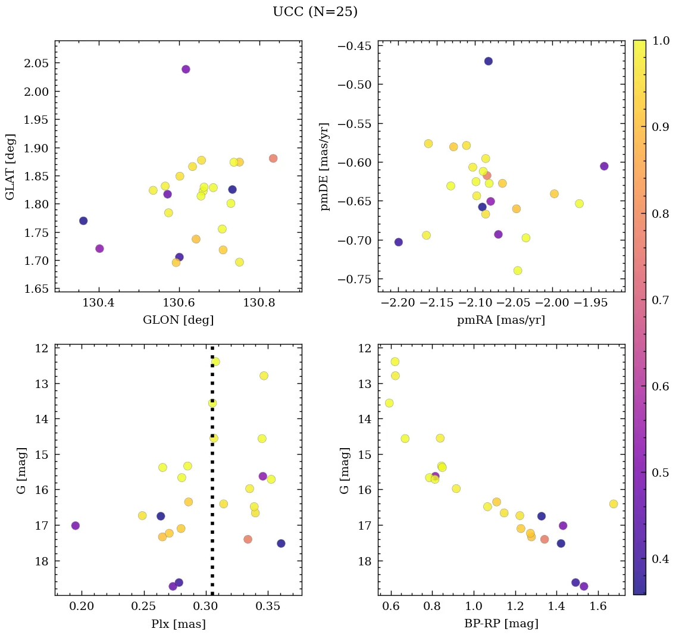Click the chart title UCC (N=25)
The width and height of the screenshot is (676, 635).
pyautogui.click(x=315, y=12)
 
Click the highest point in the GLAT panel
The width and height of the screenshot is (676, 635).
pyautogui.click(x=186, y=69)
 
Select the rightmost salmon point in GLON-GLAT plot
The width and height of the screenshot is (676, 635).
pyautogui.click(x=273, y=158)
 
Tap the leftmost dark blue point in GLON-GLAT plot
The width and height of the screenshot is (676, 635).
pyautogui.click(x=83, y=221)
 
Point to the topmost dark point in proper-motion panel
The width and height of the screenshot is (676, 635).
pyautogui.click(x=489, y=61)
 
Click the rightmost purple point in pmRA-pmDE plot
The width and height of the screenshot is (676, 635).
pyautogui.click(x=604, y=166)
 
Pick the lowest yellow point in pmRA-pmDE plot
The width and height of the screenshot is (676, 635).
pyautogui.click(x=518, y=271)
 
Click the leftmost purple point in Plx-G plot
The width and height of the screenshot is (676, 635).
pyautogui.click(x=76, y=525)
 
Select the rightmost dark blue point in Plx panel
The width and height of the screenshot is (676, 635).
pyautogui.click(x=281, y=543)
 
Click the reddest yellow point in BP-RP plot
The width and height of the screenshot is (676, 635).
pyautogui.click(x=614, y=504)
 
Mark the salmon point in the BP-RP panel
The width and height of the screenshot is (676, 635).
pyautogui.click(x=544, y=539)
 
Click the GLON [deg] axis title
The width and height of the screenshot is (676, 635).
pyautogui.click(x=178, y=320)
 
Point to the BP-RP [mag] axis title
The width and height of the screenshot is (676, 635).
pyautogui.click(x=501, y=624)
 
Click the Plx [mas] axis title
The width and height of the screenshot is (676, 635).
pyautogui.click(x=178, y=624)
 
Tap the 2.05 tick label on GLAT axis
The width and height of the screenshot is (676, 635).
pyautogui.click(x=36, y=63)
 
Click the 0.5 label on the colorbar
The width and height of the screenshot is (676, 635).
pyautogui.click(x=659, y=473)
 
